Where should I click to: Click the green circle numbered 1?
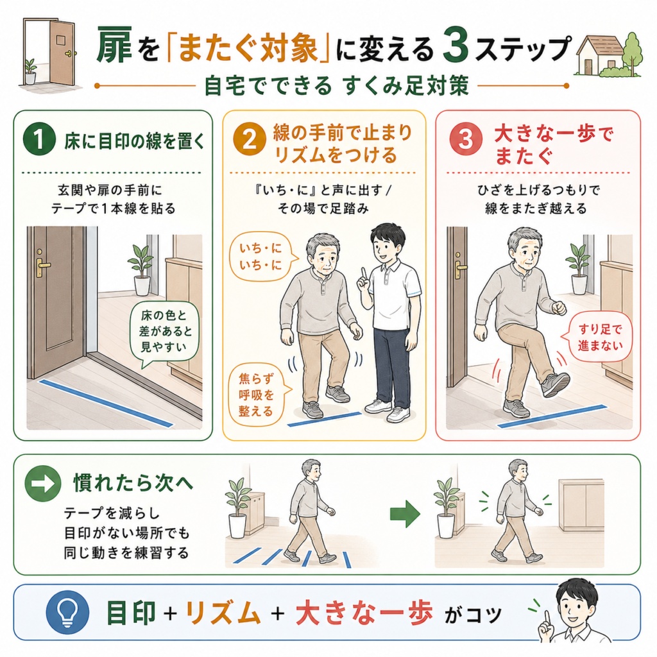(39, 139)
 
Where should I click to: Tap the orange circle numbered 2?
(250, 139)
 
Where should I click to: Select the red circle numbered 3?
(466, 139)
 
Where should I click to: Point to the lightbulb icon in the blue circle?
(67, 612)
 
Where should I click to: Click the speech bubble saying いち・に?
(262, 257)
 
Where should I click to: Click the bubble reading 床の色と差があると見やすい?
(164, 332)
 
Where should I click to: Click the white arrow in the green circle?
(43, 483)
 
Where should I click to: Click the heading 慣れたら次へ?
(133, 483)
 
